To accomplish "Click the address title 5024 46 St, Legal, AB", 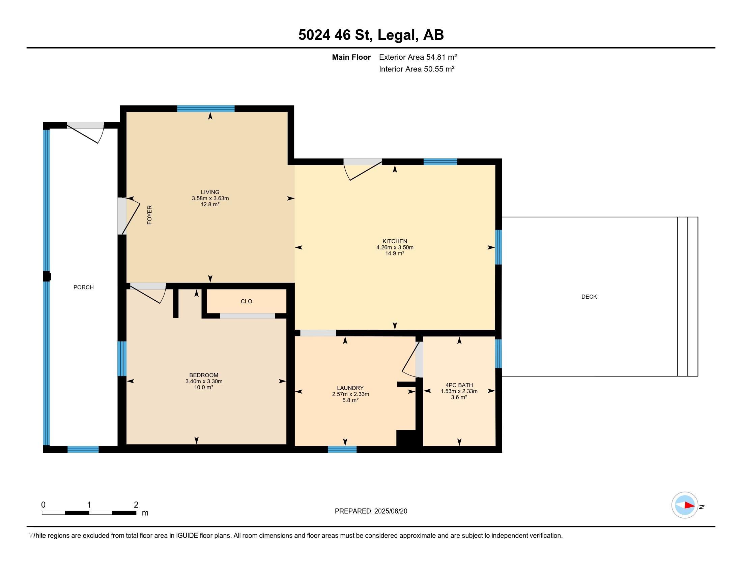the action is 371,35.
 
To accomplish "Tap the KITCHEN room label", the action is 395,241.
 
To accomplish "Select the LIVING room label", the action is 210,192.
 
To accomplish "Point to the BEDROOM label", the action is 204,375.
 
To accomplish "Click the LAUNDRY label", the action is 350,388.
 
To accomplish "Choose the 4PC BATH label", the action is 459,385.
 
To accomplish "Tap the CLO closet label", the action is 246,301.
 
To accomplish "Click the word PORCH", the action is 84,287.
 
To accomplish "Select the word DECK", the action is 589,297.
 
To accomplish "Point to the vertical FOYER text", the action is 149,215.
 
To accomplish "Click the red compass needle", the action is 690,505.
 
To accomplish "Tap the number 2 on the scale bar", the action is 136,505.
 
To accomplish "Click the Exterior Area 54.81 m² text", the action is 418,57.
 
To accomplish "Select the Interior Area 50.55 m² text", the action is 417,69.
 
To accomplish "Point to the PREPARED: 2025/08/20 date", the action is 371,511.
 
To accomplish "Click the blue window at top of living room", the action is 206,109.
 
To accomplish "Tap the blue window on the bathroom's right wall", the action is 498,354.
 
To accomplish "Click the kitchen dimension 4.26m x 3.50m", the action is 395,247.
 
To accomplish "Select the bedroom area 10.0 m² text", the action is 204,387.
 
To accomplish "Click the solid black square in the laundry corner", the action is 406,438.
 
